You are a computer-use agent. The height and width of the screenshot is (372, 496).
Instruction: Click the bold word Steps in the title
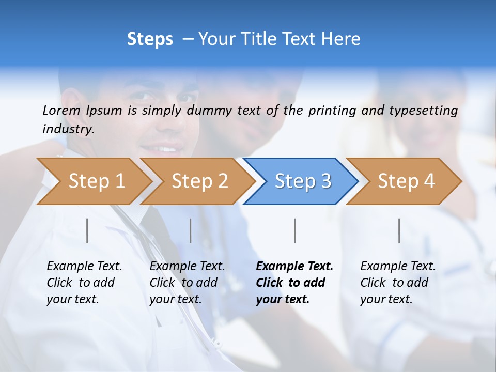click(150, 39)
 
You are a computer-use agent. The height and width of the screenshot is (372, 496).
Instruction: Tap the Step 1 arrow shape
click(96, 181)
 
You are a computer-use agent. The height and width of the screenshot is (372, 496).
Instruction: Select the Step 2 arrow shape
click(199, 181)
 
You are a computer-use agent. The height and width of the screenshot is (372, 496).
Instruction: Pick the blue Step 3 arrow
click(303, 181)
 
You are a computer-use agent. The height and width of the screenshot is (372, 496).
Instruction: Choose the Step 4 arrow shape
click(406, 181)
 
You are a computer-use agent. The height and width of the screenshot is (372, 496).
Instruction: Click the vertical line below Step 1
click(87, 230)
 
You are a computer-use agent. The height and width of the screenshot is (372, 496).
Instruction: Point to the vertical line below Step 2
click(191, 230)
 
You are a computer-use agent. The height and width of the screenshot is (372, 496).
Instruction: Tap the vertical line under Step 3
click(295, 230)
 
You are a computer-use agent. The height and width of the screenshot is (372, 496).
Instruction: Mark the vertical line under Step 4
click(399, 230)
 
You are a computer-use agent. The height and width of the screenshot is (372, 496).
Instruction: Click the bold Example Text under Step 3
click(295, 267)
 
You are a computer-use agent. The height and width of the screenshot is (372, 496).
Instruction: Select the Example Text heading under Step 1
click(84, 267)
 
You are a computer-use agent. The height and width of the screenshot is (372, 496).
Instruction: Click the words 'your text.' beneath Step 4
click(386, 299)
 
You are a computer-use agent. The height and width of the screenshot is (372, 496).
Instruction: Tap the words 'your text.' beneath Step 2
click(175, 299)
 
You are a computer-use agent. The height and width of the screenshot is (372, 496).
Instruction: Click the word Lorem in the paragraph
click(61, 111)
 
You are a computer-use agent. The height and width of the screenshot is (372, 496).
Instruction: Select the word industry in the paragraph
click(68, 129)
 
